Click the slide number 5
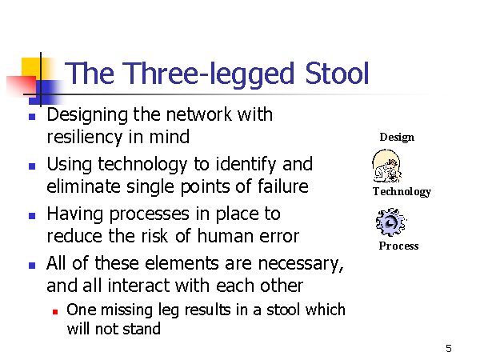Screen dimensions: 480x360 click(x=449, y=348)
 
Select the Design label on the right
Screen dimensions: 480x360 click(x=397, y=138)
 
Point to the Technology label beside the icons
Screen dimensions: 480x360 click(x=402, y=192)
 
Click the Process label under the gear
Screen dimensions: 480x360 click(x=398, y=246)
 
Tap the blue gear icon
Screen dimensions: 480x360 click(x=391, y=222)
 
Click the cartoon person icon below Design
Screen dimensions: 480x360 click(x=386, y=166)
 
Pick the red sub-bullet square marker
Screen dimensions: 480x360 click(x=55, y=312)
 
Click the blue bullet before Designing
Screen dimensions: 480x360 click(x=32, y=117)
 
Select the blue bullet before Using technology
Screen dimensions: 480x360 click(x=32, y=166)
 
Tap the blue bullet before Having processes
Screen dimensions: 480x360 click(x=32, y=216)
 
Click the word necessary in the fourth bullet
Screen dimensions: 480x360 click(x=300, y=264)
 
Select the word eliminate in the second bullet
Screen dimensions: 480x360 click(x=83, y=186)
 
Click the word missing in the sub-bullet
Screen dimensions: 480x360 click(x=126, y=310)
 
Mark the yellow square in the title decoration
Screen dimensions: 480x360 click(x=31, y=69)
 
